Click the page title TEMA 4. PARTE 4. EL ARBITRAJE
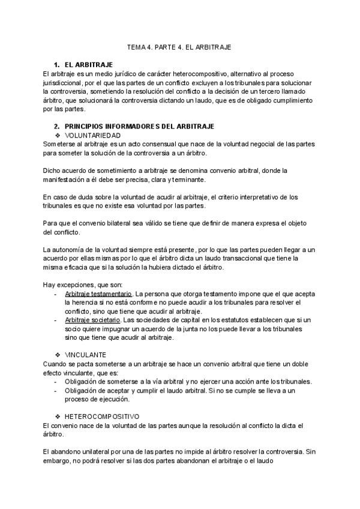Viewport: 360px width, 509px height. (179, 46)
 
